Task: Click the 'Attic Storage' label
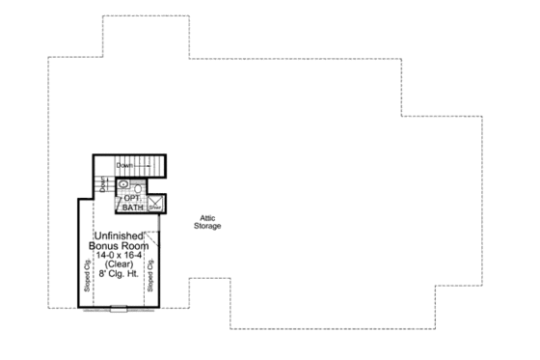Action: pyautogui.click(x=205, y=222)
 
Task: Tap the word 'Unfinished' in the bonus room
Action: pyautogui.click(x=120, y=236)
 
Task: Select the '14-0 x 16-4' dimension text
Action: pyautogui.click(x=119, y=256)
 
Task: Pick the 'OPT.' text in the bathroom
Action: pyautogui.click(x=133, y=198)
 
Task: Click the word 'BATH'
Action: pyautogui.click(x=132, y=207)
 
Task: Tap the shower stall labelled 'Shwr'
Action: pyautogui.click(x=154, y=205)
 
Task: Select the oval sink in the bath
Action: pyautogui.click(x=124, y=183)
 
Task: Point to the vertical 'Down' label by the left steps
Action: pyautogui.click(x=104, y=184)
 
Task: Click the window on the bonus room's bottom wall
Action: pyautogui.click(x=117, y=309)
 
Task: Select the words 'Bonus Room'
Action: pyautogui.click(x=120, y=246)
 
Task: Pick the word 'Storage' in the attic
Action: pyautogui.click(x=205, y=226)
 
